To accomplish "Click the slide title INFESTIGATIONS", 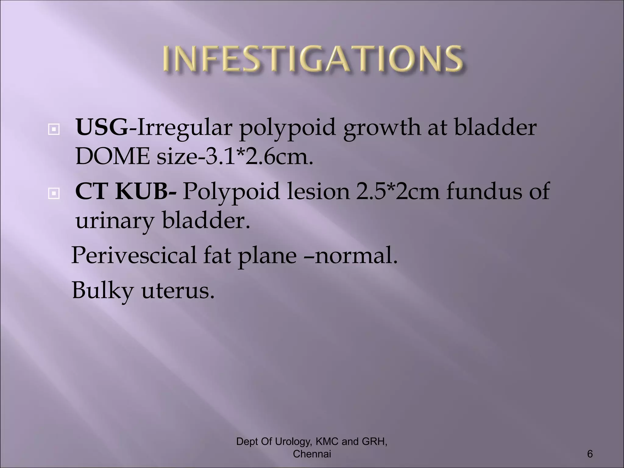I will [313, 59].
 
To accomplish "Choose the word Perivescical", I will [134, 255].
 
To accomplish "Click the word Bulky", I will [103, 290].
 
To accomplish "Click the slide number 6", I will [590, 454].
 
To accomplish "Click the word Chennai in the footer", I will [312, 454].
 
